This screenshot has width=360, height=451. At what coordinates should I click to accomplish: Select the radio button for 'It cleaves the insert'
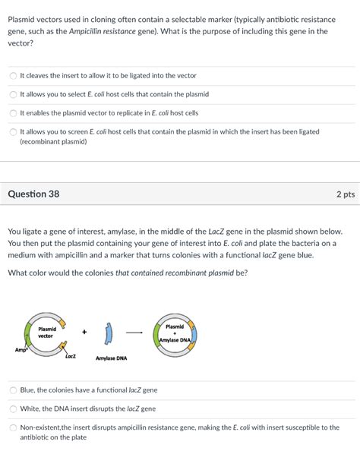[13, 76]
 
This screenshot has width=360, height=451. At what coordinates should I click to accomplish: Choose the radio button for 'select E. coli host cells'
[13, 95]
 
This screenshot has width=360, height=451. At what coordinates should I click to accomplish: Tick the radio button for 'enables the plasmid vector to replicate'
[13, 113]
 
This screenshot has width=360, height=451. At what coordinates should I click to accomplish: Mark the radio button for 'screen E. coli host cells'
[13, 132]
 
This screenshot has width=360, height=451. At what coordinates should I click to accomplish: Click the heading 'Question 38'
[33, 194]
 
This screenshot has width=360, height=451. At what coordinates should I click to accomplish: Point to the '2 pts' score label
[345, 194]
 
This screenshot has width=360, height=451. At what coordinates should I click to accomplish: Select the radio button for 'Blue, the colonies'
[13, 390]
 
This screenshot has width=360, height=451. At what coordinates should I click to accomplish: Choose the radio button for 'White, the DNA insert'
[13, 408]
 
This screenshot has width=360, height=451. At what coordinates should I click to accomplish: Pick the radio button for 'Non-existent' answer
[13, 427]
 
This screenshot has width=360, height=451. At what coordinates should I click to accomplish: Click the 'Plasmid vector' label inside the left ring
[46, 332]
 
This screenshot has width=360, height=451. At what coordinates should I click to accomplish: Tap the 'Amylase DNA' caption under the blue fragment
[111, 358]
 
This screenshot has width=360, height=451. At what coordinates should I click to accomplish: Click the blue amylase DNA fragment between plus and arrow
[110, 331]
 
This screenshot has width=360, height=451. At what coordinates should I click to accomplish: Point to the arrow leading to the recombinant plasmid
[134, 332]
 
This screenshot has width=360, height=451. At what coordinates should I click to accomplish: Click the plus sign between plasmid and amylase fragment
[85, 332]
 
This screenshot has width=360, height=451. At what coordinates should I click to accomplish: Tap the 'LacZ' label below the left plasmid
[70, 355]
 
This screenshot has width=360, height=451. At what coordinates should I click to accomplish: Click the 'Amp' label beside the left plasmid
[21, 349]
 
